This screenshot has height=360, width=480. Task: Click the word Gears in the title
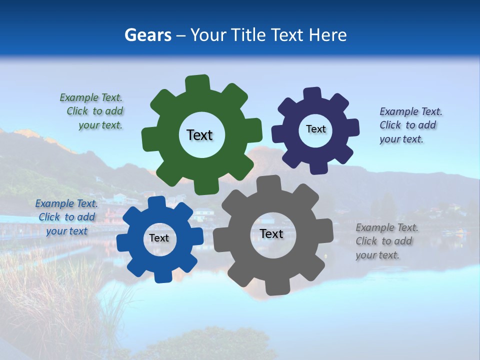point(147,35)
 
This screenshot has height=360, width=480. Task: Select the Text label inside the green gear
point(199,135)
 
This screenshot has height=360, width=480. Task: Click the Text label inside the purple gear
point(315,129)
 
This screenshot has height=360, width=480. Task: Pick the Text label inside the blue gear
point(158,238)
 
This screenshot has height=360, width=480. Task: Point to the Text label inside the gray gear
point(271,234)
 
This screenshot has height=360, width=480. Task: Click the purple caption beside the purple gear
point(410,125)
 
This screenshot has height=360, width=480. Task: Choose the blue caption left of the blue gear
point(66,217)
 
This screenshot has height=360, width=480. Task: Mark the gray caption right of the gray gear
point(386,241)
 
